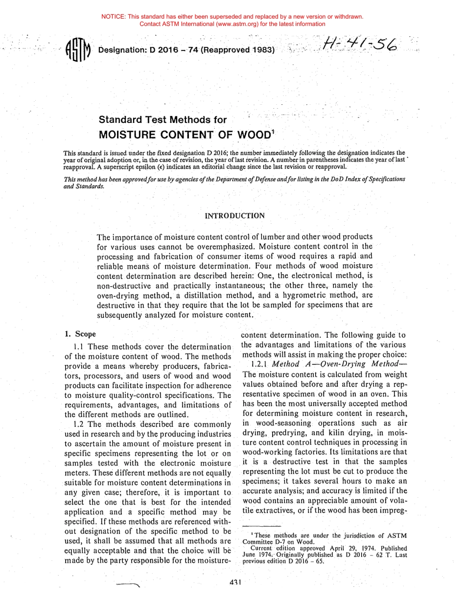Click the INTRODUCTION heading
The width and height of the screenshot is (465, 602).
coord(234,216)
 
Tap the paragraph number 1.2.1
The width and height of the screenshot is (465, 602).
coord(259,365)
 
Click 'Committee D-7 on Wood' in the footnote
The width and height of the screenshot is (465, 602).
coord(272,542)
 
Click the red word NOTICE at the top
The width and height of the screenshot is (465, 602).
coord(113,17)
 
